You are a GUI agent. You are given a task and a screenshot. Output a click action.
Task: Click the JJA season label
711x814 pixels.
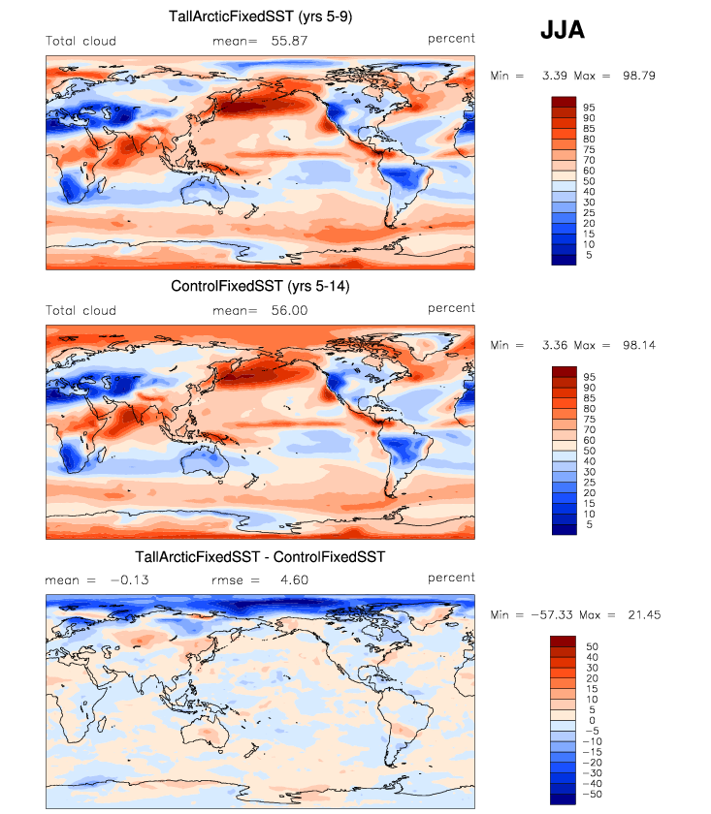[x=562, y=32]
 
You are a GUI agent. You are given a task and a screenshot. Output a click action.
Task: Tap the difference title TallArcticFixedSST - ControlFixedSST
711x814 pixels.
[x=260, y=557]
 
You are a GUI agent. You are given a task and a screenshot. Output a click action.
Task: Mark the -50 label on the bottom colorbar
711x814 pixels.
[x=591, y=793]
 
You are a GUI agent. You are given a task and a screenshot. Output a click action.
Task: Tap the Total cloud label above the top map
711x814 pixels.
[x=81, y=41]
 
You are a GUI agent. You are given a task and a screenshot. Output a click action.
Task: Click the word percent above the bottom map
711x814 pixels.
[x=451, y=578]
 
